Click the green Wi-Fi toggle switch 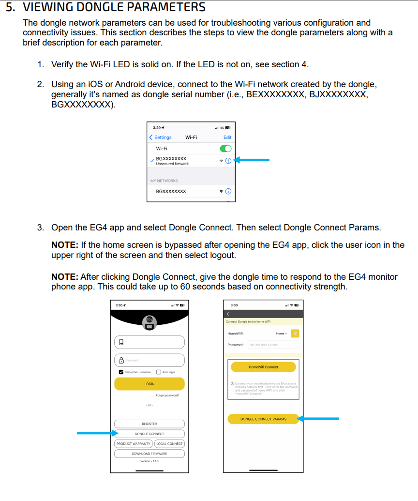click(225, 149)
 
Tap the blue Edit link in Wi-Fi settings click(227, 137)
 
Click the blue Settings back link click(161, 137)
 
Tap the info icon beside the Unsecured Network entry click(228, 160)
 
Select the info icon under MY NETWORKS click(228, 192)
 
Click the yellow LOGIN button click(149, 384)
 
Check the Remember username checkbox click(121, 372)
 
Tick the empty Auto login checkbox click(159, 372)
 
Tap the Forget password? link click(167, 395)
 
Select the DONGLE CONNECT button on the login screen click(149, 434)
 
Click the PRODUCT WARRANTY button click(134, 443)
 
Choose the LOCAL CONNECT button click(169, 443)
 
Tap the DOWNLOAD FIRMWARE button click(149, 454)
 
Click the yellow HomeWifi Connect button click(263, 367)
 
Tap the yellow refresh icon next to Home click(295, 334)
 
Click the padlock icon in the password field click(121, 360)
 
